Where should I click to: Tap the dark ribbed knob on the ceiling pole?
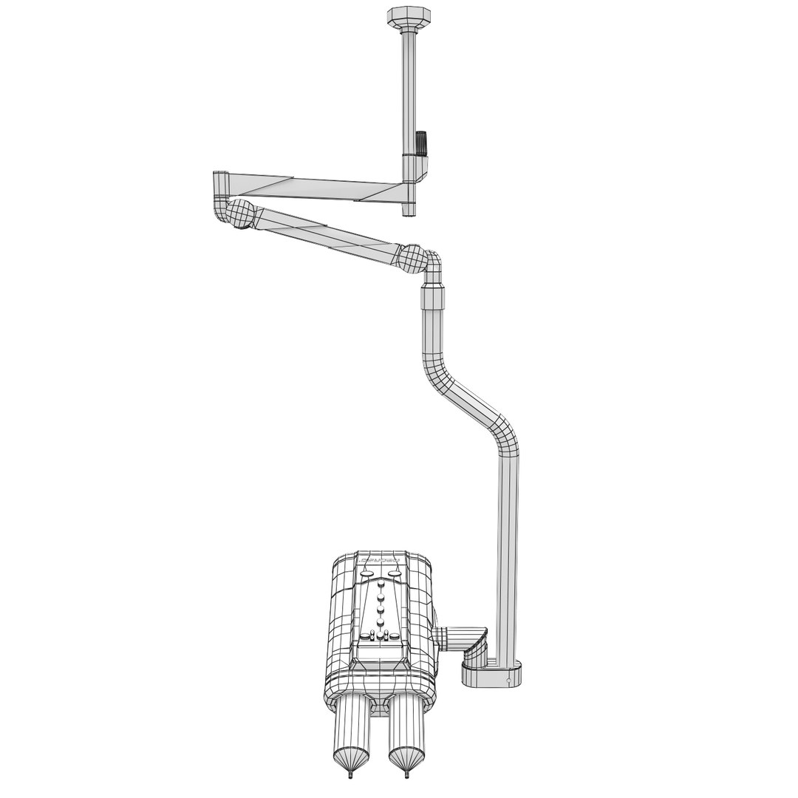(x=422, y=142)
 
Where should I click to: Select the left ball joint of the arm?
(x=240, y=214)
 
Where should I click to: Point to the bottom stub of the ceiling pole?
(x=409, y=210)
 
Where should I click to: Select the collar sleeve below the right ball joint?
(x=432, y=299)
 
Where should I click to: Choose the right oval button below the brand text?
(x=395, y=572)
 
